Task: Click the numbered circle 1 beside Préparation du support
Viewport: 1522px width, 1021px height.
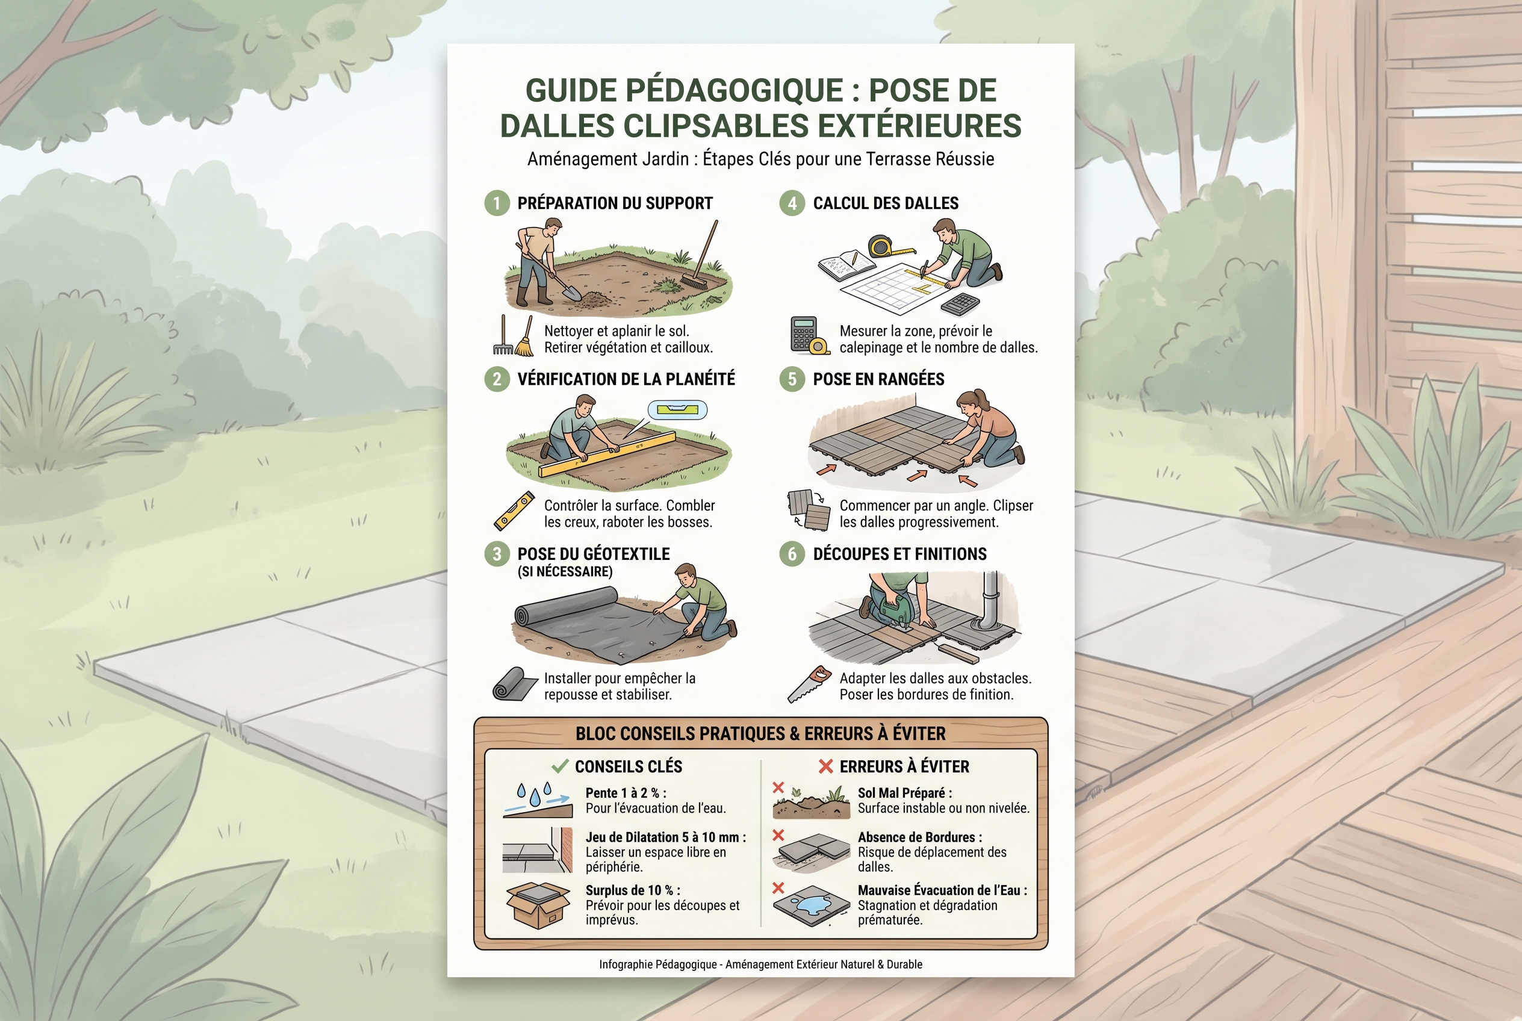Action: [x=497, y=203]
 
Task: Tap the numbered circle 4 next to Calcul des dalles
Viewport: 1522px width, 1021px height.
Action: [x=792, y=203]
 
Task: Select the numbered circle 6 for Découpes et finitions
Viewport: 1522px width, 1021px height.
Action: [x=792, y=554]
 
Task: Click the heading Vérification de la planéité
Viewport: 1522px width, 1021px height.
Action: [x=626, y=379]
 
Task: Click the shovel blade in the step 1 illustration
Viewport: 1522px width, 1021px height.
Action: [x=571, y=294]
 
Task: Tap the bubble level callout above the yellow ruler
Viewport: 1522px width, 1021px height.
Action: [x=677, y=410]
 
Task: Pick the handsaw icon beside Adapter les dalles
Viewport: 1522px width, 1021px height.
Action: [x=809, y=684]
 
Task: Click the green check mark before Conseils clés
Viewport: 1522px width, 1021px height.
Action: [x=560, y=766]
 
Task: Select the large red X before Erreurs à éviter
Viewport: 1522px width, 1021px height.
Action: [x=826, y=766]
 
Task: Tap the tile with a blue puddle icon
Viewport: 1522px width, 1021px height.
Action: [x=812, y=904]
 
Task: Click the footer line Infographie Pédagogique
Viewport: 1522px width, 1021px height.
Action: [x=760, y=964]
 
